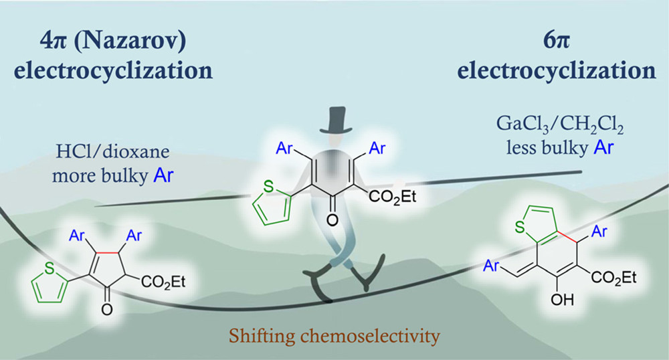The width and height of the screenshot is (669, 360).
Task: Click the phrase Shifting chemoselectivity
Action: click(333, 335)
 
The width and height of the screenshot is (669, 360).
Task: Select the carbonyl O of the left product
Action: click(106, 309)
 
